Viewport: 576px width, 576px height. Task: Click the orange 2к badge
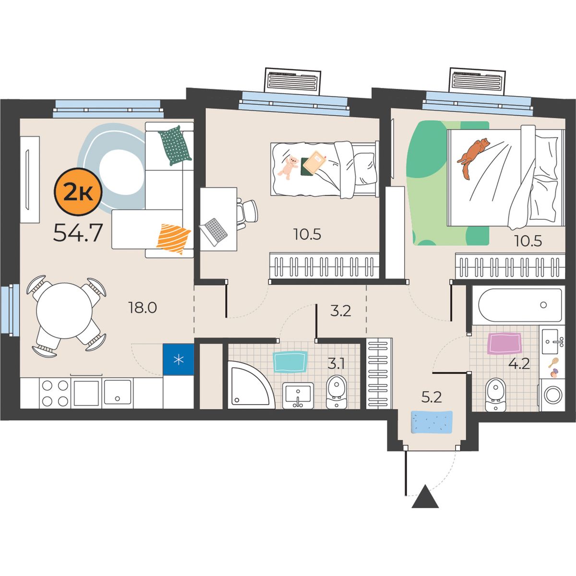[78, 192]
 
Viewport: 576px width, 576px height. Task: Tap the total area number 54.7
[78, 233]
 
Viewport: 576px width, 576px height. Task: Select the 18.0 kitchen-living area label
[142, 307]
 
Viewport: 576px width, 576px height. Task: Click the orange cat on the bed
[473, 157]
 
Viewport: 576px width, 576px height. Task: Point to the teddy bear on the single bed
[288, 168]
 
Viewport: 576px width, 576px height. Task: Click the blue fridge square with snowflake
[179, 360]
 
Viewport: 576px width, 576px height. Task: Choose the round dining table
[64, 311]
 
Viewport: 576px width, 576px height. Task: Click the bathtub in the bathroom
[520, 305]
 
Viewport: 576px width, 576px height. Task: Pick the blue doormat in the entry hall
[432, 422]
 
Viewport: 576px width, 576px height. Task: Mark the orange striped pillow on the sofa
[173, 239]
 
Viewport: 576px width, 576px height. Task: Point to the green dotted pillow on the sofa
[175, 145]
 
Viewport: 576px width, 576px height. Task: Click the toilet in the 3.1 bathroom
[336, 392]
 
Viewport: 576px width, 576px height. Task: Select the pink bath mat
[504, 344]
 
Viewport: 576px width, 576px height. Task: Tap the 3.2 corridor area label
[340, 311]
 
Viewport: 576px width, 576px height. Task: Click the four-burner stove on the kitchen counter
[55, 393]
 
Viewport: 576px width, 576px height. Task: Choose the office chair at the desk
[247, 213]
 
